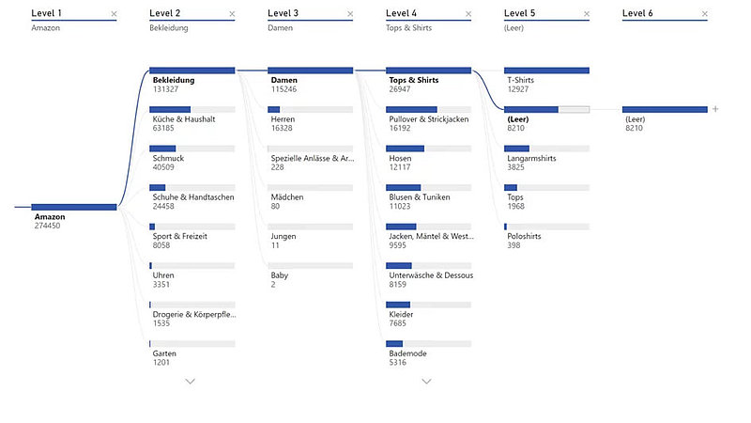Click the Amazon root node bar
point(74,207)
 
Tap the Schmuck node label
point(169,159)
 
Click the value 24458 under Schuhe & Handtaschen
point(163,206)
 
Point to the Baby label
point(280,275)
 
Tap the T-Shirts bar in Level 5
point(546,70)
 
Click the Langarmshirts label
point(531,159)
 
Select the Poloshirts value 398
point(513,245)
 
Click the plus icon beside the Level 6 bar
point(715,109)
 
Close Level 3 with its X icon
point(350,14)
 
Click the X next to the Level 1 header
point(114,14)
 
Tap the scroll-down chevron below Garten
point(191,381)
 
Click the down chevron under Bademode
point(427,381)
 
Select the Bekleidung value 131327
point(166,89)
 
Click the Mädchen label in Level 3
point(287,197)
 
